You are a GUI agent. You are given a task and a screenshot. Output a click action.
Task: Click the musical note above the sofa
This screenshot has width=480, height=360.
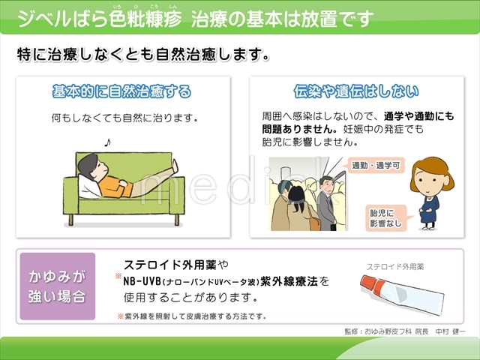[107, 142]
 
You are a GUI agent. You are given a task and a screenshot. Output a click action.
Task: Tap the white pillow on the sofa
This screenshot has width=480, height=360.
[88, 187]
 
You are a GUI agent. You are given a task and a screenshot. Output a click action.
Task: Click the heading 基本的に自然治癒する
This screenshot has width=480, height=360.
[121, 91]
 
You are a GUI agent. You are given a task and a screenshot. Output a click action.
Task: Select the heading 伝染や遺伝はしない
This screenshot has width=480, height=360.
[356, 91]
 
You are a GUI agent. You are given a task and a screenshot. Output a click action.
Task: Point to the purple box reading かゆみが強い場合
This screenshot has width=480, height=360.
[58, 286]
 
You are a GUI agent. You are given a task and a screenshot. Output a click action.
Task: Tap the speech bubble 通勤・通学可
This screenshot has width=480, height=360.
[376, 166]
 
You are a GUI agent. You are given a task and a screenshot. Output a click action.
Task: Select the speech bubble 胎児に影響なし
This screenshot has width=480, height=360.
[386, 218]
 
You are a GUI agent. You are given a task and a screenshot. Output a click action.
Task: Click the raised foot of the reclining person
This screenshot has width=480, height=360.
[175, 166]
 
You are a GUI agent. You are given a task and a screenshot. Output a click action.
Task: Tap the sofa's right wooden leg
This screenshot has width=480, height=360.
[177, 220]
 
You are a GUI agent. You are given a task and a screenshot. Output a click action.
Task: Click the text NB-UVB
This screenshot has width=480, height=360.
[142, 281]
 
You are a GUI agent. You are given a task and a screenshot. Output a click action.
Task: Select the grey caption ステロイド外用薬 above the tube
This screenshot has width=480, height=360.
[395, 267]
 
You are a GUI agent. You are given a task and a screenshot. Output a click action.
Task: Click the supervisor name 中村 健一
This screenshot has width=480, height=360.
[450, 331]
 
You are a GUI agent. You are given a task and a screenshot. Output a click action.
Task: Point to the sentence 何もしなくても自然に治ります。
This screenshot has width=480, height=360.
[124, 118]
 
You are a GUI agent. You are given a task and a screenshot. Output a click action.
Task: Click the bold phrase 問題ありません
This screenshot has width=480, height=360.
[297, 129]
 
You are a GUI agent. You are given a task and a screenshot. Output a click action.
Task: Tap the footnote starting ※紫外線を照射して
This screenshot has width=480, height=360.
[192, 316]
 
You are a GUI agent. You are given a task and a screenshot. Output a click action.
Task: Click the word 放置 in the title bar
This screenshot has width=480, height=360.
[318, 19]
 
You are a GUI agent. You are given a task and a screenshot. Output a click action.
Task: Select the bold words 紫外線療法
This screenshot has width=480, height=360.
[289, 281]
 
